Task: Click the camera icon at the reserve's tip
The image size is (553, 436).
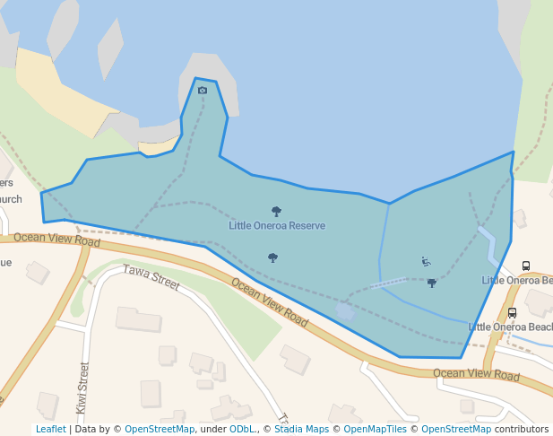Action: pos(203,90)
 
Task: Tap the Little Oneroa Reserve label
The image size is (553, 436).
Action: pos(276,225)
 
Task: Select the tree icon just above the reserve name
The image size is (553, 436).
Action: pos(276,212)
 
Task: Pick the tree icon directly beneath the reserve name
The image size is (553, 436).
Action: pos(272,257)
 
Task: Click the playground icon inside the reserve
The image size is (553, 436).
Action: pos(426,261)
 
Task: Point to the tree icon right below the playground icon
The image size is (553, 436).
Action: pos(431,283)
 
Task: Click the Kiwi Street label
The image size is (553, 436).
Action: pos(83,388)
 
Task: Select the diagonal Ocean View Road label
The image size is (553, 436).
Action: pos(270,301)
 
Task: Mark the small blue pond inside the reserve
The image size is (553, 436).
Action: pos(345,310)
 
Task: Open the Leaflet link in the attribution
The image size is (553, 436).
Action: pos(50,429)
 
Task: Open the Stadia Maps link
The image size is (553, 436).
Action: pos(300,429)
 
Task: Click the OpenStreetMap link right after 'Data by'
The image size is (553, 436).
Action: pos(160,429)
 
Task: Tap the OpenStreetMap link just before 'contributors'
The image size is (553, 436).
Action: pos(455,429)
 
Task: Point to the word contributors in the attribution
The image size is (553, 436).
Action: pos(521,429)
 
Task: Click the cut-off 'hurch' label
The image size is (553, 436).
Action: pos(10,199)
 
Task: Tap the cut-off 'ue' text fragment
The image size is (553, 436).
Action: pos(5,263)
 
